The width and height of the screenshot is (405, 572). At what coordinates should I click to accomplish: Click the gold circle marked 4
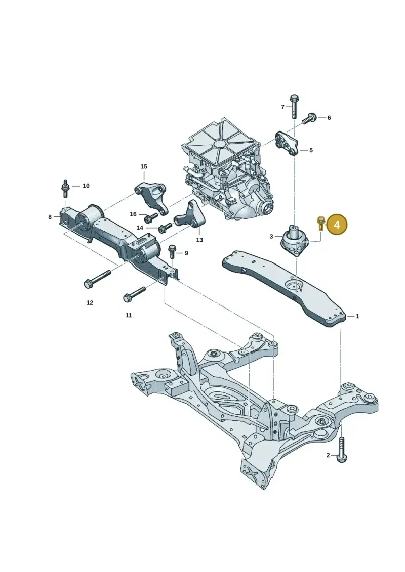click(x=337, y=225)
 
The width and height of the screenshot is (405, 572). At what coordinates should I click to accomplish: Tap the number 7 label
click(x=282, y=107)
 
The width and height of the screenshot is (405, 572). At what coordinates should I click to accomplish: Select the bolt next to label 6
click(x=309, y=118)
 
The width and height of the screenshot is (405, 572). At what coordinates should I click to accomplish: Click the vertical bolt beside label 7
click(x=294, y=106)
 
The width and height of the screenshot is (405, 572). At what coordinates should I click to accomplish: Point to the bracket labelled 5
click(x=287, y=144)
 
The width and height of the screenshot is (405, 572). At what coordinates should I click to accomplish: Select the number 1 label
click(x=357, y=316)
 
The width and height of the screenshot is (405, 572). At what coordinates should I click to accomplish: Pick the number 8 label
click(x=50, y=217)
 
